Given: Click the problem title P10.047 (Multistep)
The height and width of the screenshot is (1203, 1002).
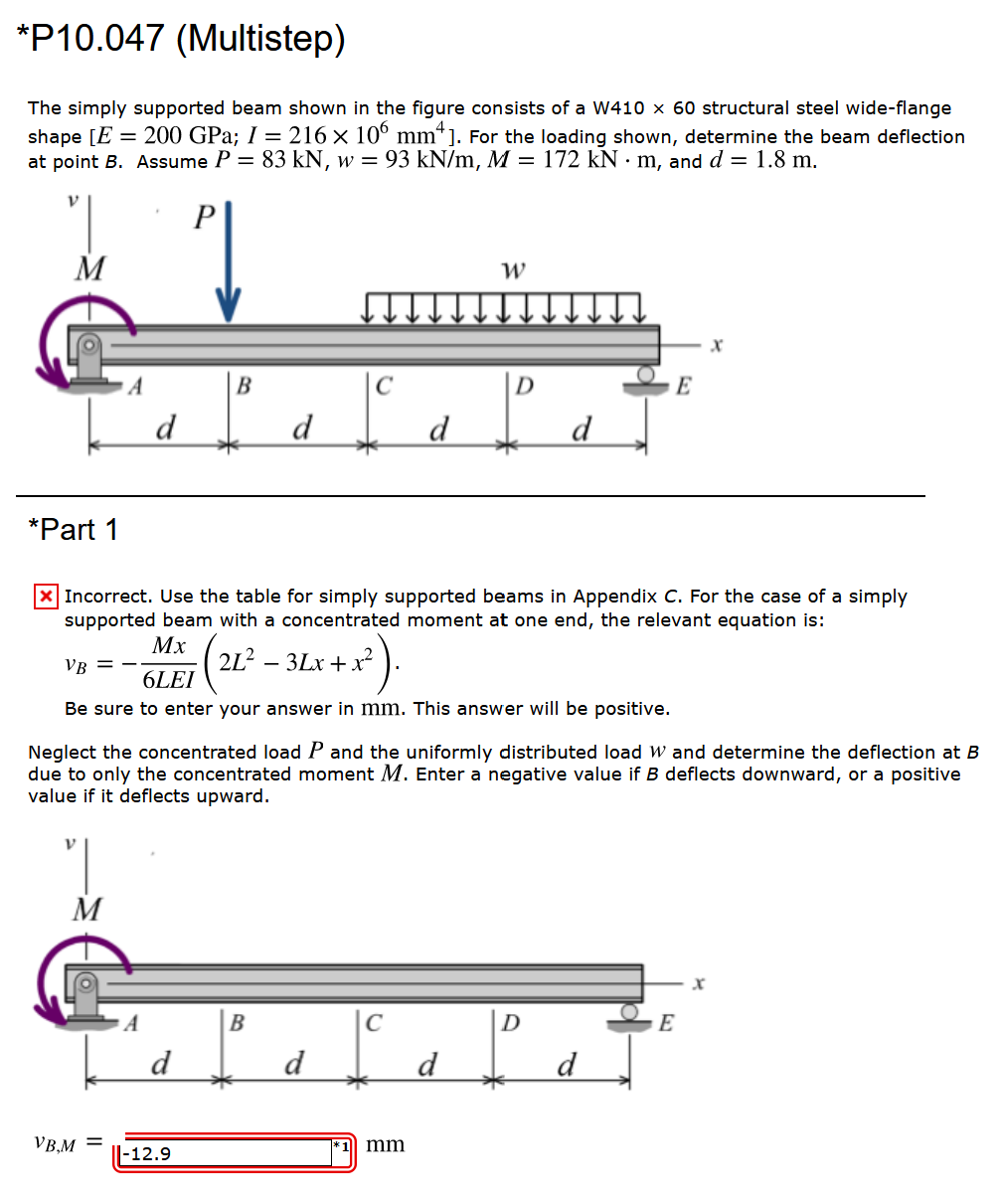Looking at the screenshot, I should tap(182, 39).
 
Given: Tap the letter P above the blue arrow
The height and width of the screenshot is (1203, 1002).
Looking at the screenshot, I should tap(204, 218).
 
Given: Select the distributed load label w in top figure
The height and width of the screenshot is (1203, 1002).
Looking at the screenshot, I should tap(514, 270).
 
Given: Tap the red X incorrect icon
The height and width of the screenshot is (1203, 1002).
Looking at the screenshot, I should tap(46, 597).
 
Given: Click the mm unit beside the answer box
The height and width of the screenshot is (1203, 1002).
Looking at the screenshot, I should tap(386, 1144).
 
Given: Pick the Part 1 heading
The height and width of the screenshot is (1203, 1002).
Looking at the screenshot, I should tap(74, 530).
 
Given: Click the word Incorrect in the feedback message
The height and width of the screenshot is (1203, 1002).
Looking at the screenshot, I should tap(107, 597).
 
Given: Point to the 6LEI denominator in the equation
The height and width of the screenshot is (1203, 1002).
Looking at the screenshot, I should tap(169, 680).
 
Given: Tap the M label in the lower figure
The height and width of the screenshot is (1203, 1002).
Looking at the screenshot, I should tap(87, 909).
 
